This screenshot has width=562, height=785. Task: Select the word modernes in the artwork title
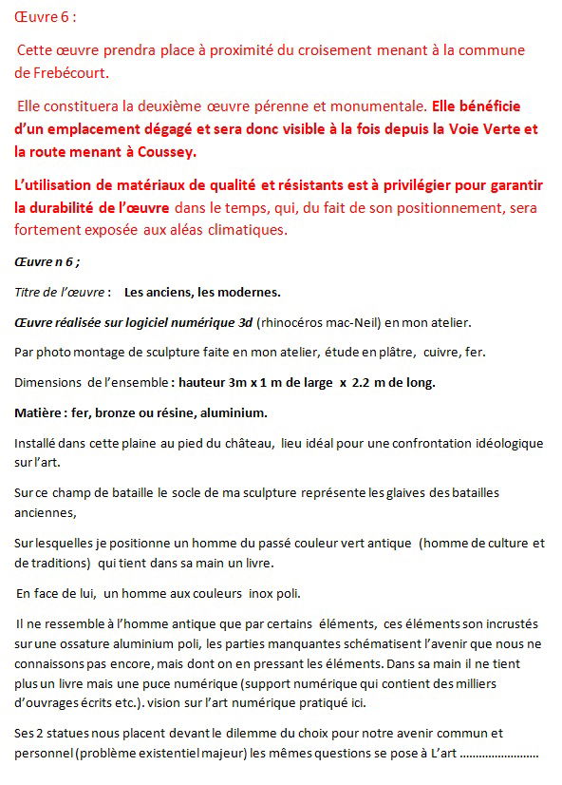click(248, 291)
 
